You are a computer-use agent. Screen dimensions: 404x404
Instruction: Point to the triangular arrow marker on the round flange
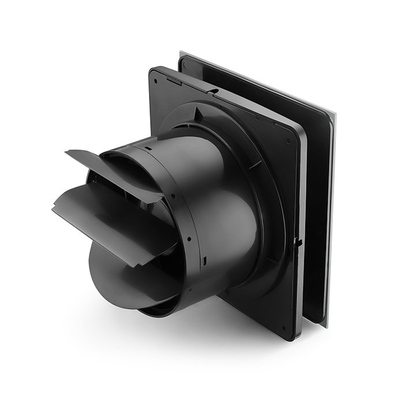[199, 111]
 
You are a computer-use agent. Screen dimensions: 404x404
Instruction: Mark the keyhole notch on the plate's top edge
[214, 91]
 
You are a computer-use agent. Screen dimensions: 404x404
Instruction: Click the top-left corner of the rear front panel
[181, 53]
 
